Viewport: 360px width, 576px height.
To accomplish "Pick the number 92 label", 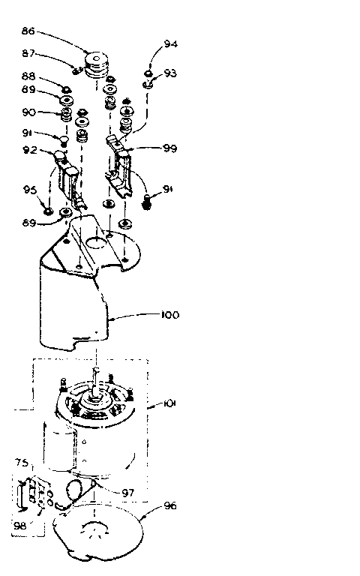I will (29, 149).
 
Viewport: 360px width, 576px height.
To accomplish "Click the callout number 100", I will (170, 315).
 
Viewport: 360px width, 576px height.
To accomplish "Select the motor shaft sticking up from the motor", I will (98, 375).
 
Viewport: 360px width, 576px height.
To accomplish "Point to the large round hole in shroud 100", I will (96, 242).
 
